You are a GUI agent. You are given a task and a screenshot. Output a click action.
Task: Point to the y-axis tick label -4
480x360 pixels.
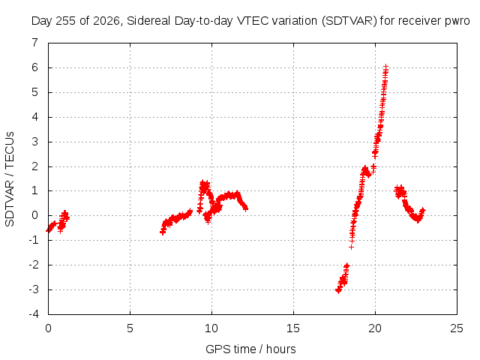point(34,314)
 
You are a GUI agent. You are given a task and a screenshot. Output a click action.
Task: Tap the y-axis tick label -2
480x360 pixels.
point(34,265)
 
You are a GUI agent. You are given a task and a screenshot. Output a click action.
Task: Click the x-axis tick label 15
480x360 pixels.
point(293,328)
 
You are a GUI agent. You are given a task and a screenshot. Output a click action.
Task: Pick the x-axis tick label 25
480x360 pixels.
point(457,328)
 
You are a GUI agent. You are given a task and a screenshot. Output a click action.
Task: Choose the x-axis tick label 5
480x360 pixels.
point(130,328)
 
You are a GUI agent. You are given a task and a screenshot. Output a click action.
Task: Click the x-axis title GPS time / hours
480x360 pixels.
point(250,349)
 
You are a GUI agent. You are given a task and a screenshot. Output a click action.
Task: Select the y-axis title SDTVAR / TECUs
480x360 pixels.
point(10,179)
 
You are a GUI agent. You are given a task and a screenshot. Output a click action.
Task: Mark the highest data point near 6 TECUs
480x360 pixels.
point(386,66)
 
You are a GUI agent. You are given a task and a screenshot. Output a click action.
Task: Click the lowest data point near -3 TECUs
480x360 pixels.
point(338,291)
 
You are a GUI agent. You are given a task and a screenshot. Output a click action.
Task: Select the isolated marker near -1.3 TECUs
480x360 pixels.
point(351,247)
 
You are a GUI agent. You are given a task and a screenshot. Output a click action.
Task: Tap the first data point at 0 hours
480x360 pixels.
point(48,230)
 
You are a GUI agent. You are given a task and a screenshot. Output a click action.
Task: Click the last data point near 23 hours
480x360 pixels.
point(423,210)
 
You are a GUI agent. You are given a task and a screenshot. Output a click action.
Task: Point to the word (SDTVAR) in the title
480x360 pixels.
point(349,21)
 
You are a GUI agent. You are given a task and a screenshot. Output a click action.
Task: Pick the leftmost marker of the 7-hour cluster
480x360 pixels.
point(162,232)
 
